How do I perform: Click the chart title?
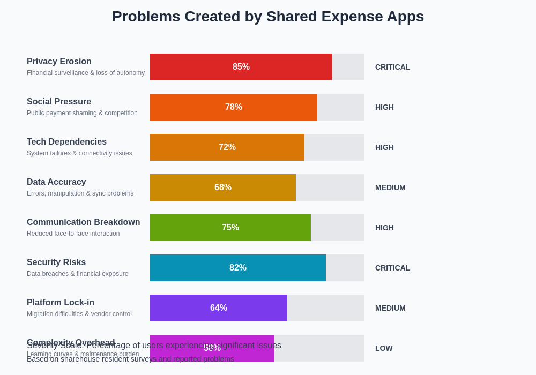pyautogui.click(x=268, y=17)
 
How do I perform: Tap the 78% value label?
pyautogui.click(x=234, y=107)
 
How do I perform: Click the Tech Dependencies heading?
pyautogui.click(x=66, y=142)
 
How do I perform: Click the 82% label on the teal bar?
pyautogui.click(x=238, y=268)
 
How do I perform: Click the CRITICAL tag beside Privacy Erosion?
pyautogui.click(x=392, y=67)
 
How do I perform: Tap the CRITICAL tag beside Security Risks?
pyautogui.click(x=392, y=268)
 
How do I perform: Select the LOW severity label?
pyautogui.click(x=384, y=348)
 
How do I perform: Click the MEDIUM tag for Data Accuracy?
pyautogui.click(x=390, y=187)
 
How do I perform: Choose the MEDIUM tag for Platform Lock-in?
pyautogui.click(x=390, y=308)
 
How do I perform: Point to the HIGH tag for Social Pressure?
pyautogui.click(x=384, y=107)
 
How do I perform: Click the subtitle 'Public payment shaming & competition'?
pyautogui.click(x=82, y=113)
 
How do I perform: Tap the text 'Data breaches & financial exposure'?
pyautogui.click(x=78, y=274)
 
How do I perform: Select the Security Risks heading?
pyautogui.click(x=56, y=262)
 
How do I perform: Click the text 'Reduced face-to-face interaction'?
pyautogui.click(x=73, y=234)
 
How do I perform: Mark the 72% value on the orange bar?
pyautogui.click(x=227, y=147)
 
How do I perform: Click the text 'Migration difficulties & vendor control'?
pyautogui.click(x=79, y=314)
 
